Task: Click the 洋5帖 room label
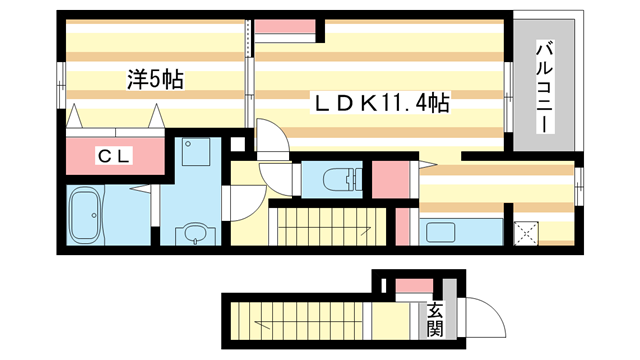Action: click(155, 79)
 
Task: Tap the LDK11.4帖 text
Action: click(381, 102)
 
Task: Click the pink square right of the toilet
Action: click(393, 177)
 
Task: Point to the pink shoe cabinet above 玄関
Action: click(409, 288)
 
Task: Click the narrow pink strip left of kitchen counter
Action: click(405, 224)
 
